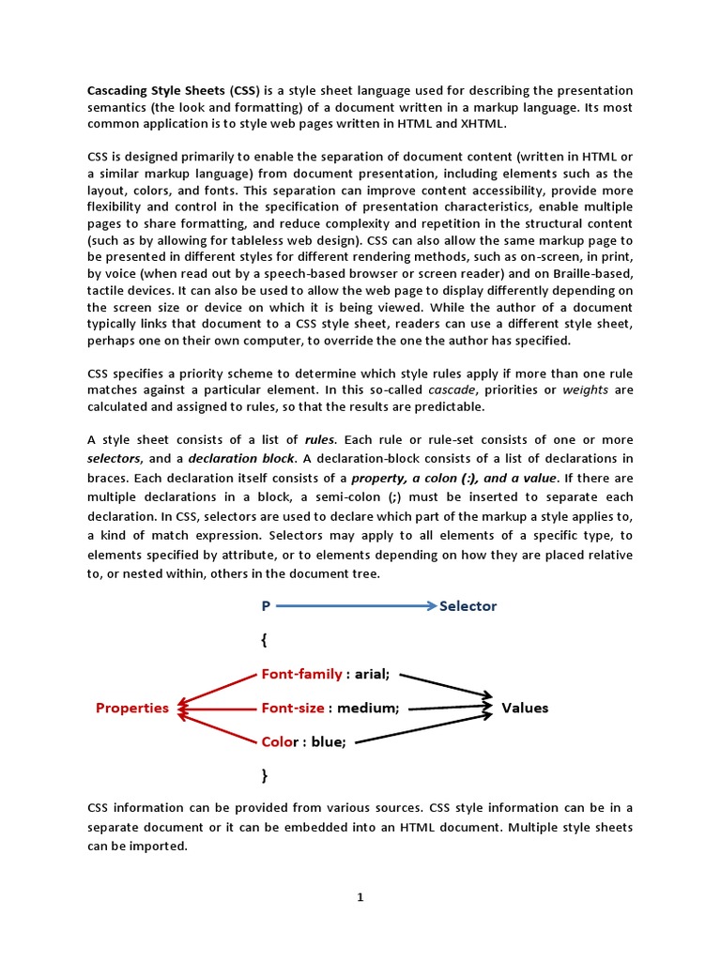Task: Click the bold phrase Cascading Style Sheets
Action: click(156, 90)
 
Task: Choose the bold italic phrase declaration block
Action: click(243, 458)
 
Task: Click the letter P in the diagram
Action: click(266, 606)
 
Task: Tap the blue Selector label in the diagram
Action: click(468, 606)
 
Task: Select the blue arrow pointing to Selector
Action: click(357, 606)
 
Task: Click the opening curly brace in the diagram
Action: click(265, 640)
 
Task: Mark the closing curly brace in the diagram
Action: click(265, 775)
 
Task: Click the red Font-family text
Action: click(301, 674)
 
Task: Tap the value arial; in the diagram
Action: click(372, 674)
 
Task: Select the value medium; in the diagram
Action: click(368, 708)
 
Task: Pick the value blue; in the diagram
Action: click(329, 741)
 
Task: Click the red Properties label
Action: click(132, 708)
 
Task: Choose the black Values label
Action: click(525, 708)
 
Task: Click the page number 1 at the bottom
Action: click(360, 897)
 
